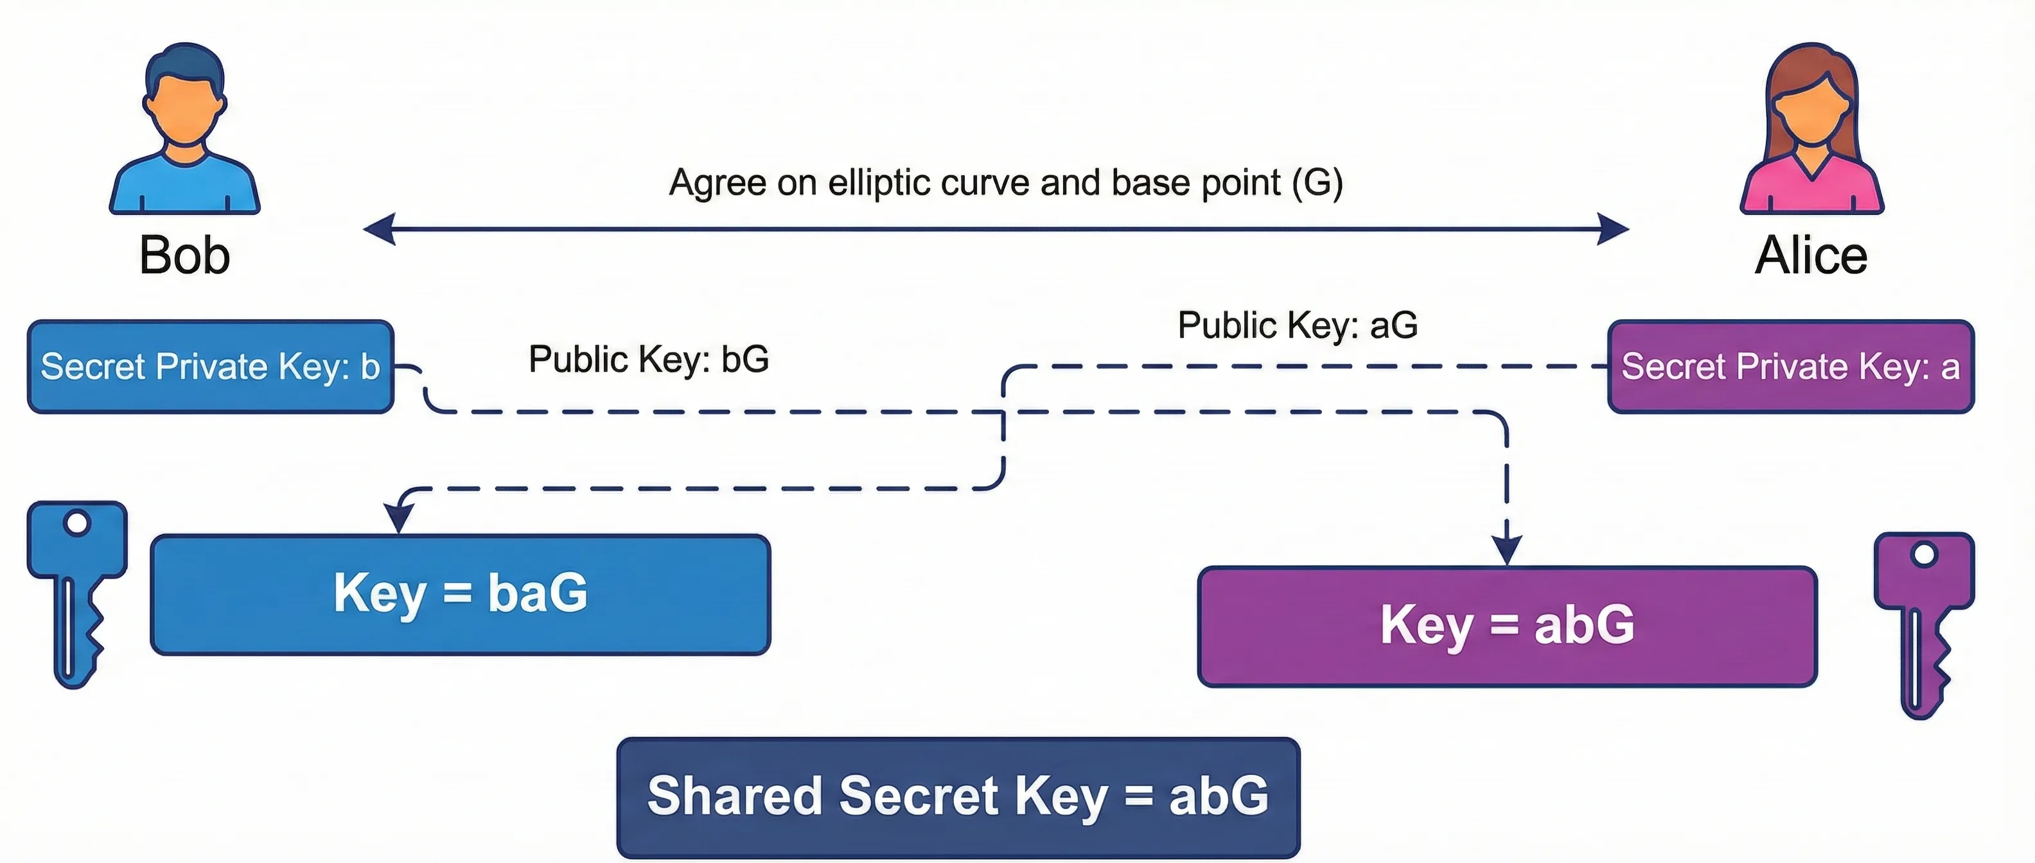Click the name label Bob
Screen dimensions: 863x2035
[x=184, y=255]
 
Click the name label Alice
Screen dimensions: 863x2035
[x=1811, y=255]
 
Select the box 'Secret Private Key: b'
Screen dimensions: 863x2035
[x=210, y=367]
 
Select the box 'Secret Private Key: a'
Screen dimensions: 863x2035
[x=1791, y=367]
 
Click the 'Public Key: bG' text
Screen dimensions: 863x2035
[x=647, y=359]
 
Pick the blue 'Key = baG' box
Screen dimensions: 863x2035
[x=460, y=594]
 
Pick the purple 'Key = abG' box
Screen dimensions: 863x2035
[x=1507, y=625]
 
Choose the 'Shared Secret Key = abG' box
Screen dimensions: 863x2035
[x=958, y=797]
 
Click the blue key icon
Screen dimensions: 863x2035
[x=76, y=584]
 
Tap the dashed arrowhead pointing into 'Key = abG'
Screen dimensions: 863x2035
[x=1506, y=550]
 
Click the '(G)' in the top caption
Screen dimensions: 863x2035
[x=1317, y=182]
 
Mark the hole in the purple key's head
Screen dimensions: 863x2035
[x=1925, y=555]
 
